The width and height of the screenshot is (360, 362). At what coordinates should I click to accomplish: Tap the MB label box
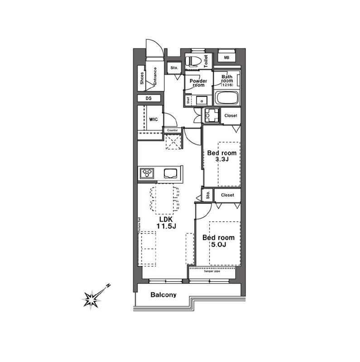pos(226,57)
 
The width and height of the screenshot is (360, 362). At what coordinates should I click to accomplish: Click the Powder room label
pos(198,83)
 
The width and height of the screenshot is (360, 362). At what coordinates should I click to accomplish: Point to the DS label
pos(148,98)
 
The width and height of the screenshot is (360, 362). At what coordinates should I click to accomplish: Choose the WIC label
pos(153,119)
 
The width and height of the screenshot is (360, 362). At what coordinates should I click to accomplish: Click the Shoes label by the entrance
pos(142,79)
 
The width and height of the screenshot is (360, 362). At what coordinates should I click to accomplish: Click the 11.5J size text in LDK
pos(163,226)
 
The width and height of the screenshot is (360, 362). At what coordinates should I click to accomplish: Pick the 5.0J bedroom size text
pos(218,245)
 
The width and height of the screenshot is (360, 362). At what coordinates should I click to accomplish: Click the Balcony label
pos(163,295)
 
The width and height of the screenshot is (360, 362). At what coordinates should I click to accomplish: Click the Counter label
pos(172,130)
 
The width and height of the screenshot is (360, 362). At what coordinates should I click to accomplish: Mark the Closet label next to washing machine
pos(230,116)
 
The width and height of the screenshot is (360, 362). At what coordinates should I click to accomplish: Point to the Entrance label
pos(154,76)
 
